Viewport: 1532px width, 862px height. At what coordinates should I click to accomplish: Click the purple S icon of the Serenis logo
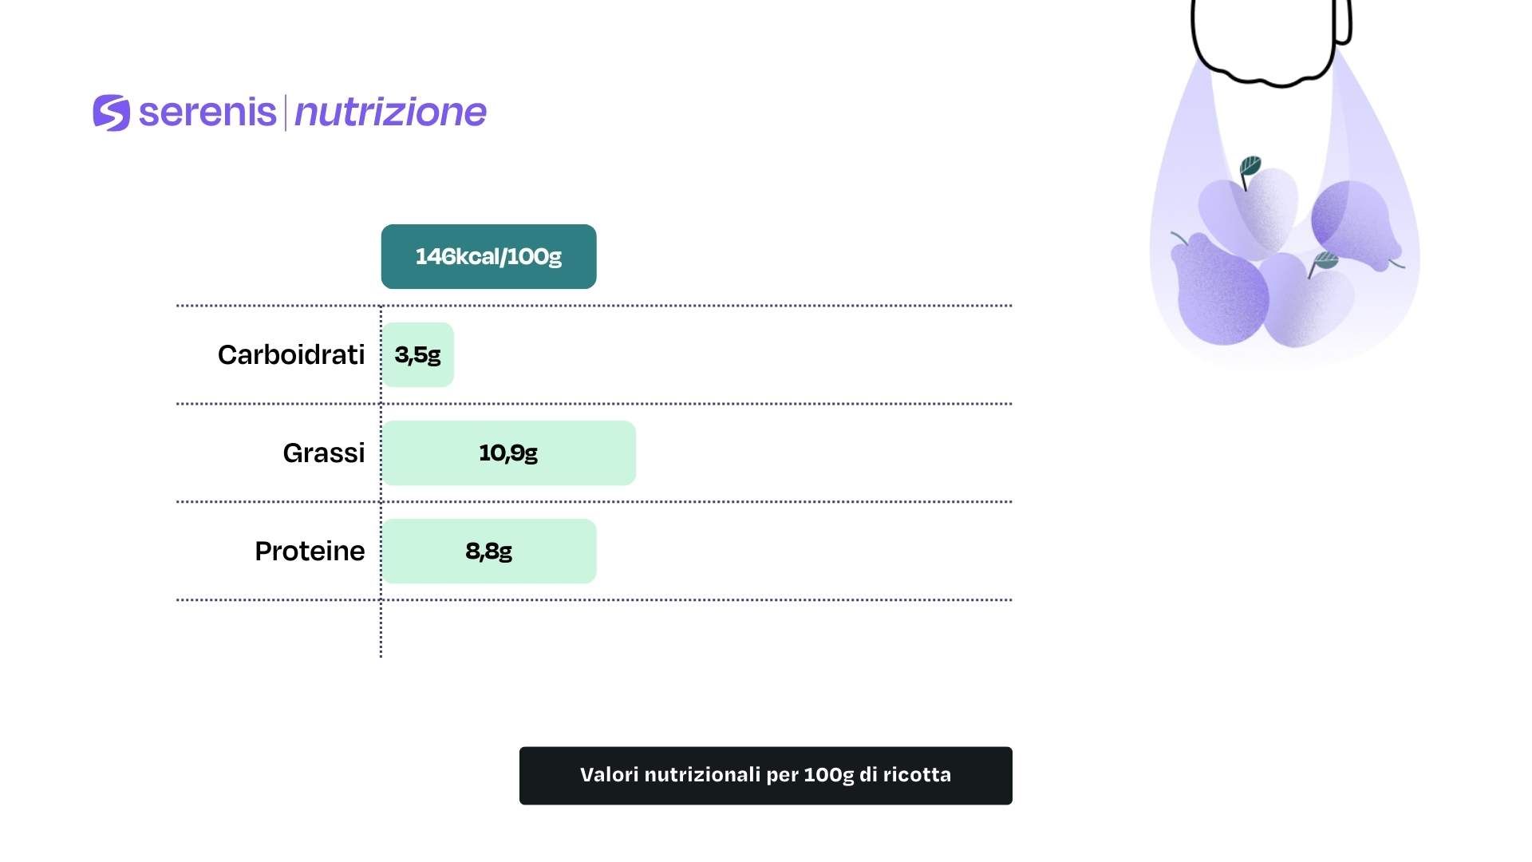pos(111,113)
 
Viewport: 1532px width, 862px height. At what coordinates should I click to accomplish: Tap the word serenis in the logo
pos(207,112)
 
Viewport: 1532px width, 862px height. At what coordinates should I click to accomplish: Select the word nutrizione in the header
pos(390,112)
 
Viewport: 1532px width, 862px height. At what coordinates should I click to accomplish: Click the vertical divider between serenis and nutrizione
pos(285,113)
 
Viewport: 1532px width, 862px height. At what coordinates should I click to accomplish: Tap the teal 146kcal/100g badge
pos(488,256)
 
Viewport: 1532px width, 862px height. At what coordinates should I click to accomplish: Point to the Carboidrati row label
pos(291,354)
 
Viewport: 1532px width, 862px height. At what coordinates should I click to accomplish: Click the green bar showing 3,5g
pos(418,354)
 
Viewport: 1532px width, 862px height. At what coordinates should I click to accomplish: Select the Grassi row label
pos(324,453)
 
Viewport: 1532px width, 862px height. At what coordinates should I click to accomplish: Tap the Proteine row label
pos(310,551)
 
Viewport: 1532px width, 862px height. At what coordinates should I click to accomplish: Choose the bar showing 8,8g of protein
pos(489,551)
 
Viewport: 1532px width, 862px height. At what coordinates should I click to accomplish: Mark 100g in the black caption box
pos(829,776)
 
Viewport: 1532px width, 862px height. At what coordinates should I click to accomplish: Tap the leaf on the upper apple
pos(1250,168)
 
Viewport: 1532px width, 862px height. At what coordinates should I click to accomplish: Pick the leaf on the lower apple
pos(1325,260)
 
